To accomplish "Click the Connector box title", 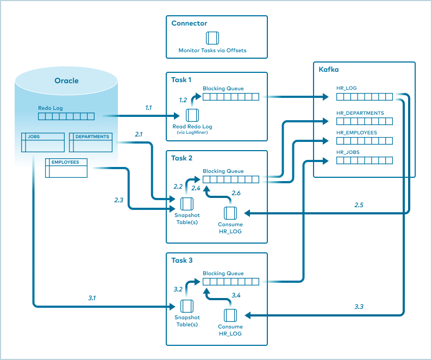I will pos(189,23).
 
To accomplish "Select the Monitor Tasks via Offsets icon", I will pos(212,38).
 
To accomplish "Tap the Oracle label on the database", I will pos(66,80).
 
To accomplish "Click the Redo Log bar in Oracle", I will pos(66,116).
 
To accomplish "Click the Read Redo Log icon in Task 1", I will pos(192,115).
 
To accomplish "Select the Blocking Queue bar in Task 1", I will pos(231,97).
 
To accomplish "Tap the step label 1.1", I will pos(148,108).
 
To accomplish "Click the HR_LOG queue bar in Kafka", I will pos(364,97).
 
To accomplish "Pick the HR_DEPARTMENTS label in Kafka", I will pos(360,113).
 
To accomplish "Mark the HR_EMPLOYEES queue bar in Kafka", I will pos(364,141).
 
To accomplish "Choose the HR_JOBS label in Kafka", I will pos(348,152).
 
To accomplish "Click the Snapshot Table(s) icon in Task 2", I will pos(186,204).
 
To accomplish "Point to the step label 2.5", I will pos(359,205).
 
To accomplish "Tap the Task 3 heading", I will pos(182,260).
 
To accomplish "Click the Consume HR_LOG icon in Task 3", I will pos(230,315).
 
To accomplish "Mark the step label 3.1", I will pos(92,298).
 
